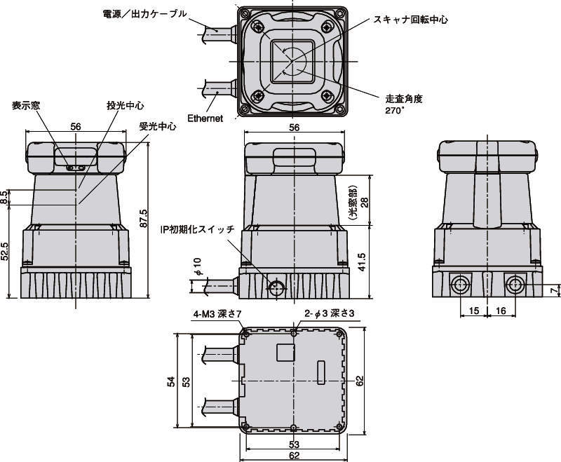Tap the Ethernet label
coord(205,118)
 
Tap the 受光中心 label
coord(157,127)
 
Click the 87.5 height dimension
coord(144,218)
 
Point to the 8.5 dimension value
coord(6,197)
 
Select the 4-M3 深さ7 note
coord(217,314)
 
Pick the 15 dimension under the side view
coord(473,311)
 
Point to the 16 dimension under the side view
coord(501,311)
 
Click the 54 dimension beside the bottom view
coord(170,380)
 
